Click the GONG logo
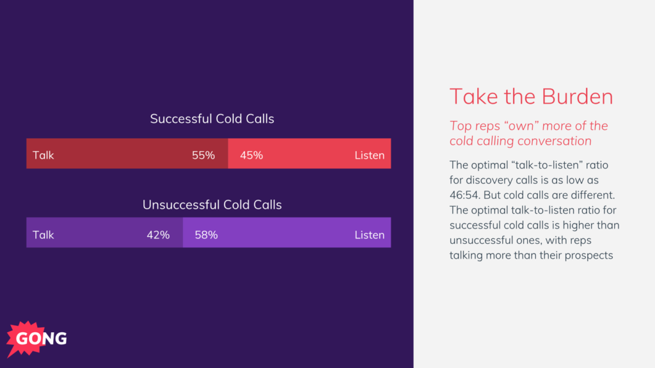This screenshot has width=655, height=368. click(x=37, y=339)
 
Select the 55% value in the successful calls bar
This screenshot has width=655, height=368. click(x=203, y=155)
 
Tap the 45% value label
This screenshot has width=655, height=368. click(x=251, y=155)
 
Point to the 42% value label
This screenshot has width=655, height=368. click(x=158, y=235)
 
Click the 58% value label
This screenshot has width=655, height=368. click(x=206, y=235)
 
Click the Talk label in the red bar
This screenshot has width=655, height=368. click(x=43, y=155)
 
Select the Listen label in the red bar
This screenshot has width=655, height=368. click(x=370, y=155)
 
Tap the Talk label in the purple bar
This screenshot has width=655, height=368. click(x=43, y=235)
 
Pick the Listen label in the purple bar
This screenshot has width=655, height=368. click(x=370, y=235)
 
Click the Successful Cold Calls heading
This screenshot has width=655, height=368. click(x=212, y=119)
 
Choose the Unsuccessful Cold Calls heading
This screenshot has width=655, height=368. click(x=212, y=205)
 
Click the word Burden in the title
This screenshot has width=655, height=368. click(x=577, y=97)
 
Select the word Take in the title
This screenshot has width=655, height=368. click(x=470, y=97)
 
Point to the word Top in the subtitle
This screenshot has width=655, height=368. click(x=461, y=126)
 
